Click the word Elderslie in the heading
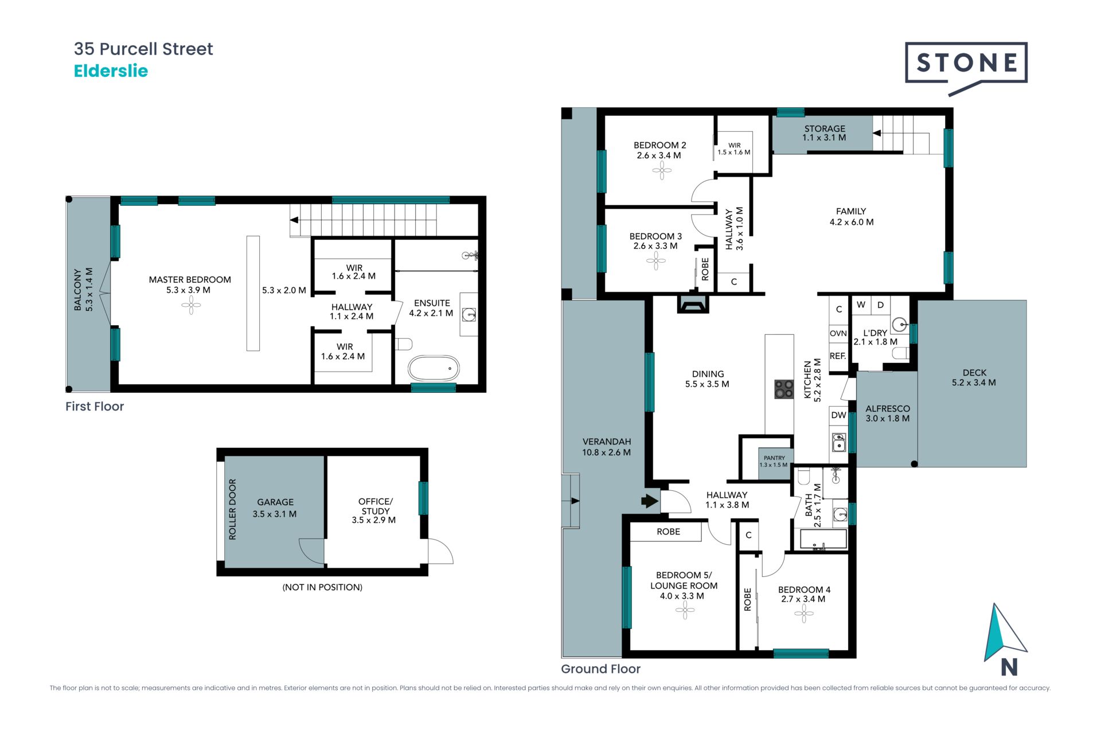111,71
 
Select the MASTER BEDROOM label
190,280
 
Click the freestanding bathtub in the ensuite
434,368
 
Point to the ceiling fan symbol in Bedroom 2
662,170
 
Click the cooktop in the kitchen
784,389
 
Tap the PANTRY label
774,458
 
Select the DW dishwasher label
838,415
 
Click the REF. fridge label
838,356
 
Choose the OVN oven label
838,333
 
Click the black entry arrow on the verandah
649,501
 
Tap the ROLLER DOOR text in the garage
232,509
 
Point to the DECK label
974,373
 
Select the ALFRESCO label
888,409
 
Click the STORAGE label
825,129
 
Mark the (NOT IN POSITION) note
322,587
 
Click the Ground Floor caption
600,669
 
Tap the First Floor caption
95,407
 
